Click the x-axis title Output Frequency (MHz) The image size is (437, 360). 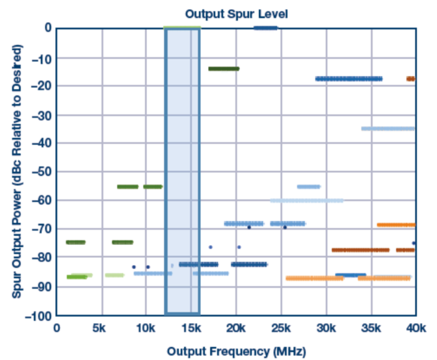tap(235, 352)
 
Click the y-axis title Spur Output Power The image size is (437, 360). tap(18, 172)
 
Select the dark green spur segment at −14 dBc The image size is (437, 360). tap(224, 68)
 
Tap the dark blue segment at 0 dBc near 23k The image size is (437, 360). tap(265, 28)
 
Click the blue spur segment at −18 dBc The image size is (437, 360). tap(349, 79)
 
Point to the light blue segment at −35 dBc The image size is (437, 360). tap(388, 129)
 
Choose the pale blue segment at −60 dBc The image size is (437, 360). tap(306, 201)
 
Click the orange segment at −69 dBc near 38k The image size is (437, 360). tap(396, 225)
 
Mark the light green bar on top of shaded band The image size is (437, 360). tap(182, 27)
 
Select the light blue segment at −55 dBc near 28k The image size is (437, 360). tap(308, 186)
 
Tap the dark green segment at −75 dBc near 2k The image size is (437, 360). tap(75, 242)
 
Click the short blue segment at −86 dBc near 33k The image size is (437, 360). tap(350, 275)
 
